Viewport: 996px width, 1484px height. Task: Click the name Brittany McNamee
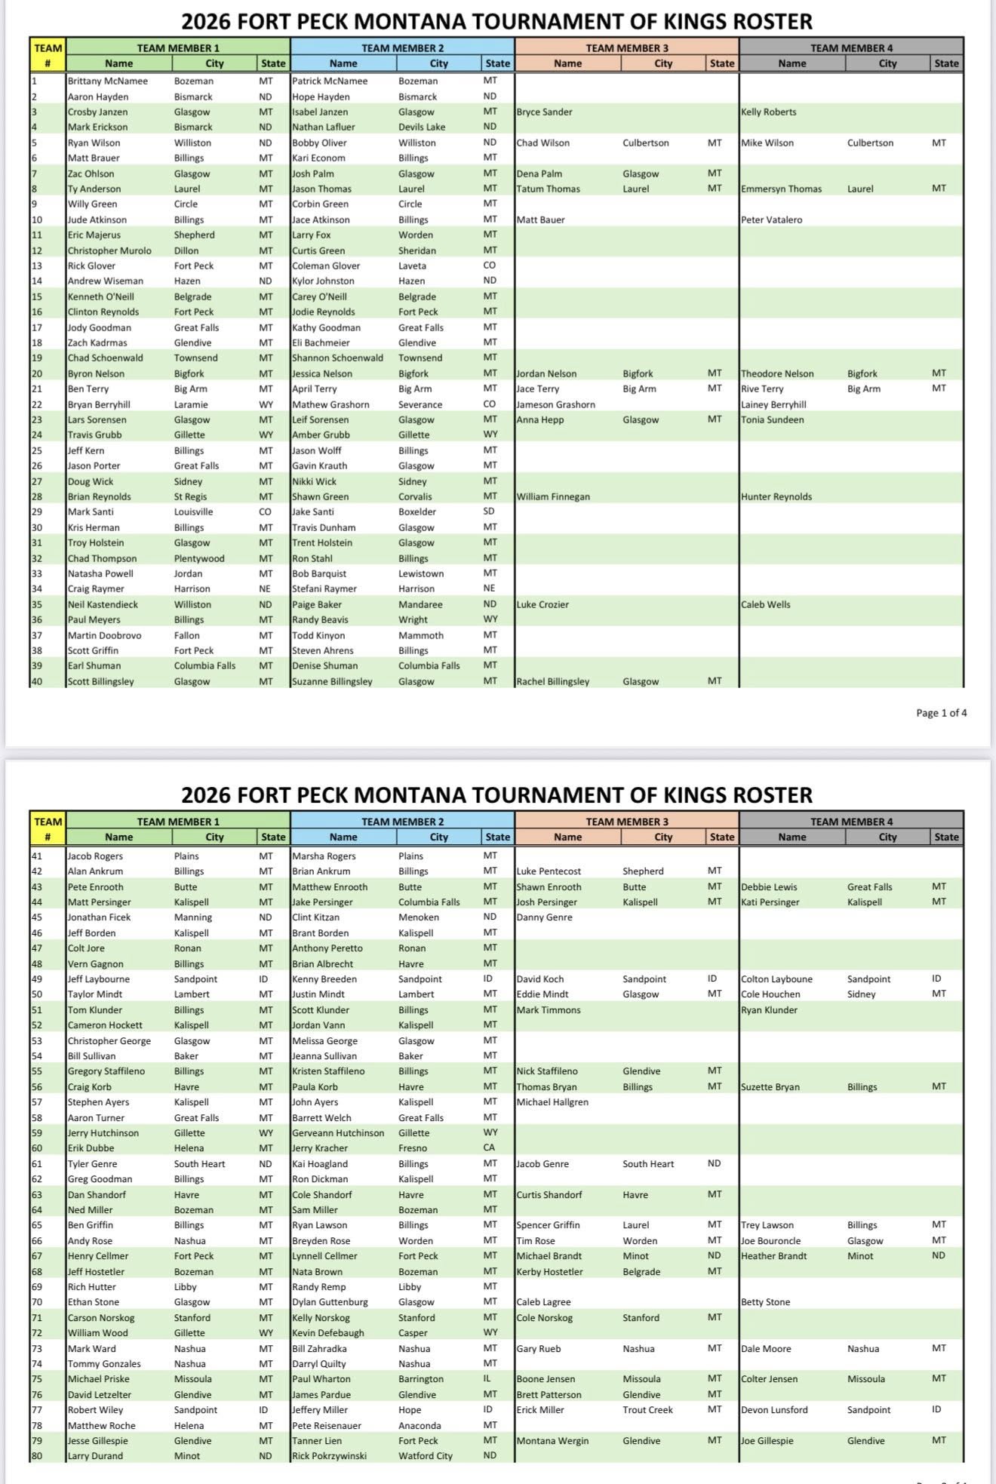pos(107,81)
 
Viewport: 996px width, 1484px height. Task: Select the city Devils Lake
pos(422,128)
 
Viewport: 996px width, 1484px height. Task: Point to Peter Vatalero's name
pos(771,220)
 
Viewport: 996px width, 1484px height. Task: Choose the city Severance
pos(420,405)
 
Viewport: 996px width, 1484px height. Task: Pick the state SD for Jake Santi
pos(490,512)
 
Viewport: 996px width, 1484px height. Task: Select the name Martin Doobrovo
pos(104,636)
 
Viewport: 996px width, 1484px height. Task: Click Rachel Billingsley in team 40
pos(552,682)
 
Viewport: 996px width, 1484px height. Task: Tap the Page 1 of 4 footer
pos(941,713)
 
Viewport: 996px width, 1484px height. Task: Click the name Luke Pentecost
pos(549,871)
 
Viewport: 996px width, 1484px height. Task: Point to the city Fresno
pos(413,1148)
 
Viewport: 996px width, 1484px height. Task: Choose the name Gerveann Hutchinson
pos(338,1133)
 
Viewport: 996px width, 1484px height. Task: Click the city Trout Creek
pos(647,1410)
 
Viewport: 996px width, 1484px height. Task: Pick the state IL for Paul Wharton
pos(488,1379)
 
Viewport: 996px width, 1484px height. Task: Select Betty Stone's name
pos(765,1302)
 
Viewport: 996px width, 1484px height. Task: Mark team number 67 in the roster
pos(37,1256)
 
